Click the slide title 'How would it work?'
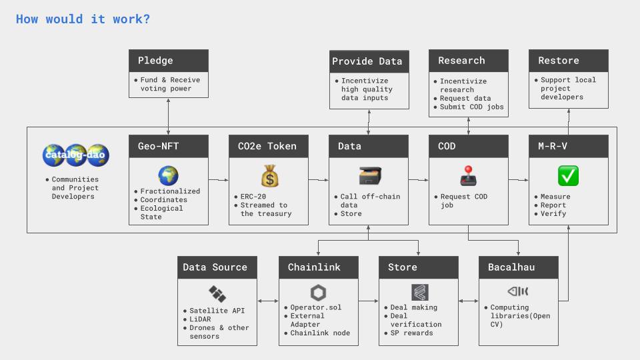click(83, 19)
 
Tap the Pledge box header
click(168, 61)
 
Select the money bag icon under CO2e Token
click(268, 177)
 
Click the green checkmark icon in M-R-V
click(568, 176)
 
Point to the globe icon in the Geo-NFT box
click(168, 176)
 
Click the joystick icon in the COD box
click(468, 177)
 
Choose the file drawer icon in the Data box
click(368, 176)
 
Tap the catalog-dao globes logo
click(75, 155)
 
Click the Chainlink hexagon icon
click(318, 292)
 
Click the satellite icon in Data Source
click(217, 293)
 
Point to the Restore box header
click(568, 61)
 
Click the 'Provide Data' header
click(368, 61)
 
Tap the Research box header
click(468, 61)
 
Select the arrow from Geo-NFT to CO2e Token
click(218, 179)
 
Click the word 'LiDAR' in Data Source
click(200, 319)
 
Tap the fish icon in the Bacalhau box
click(518, 291)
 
